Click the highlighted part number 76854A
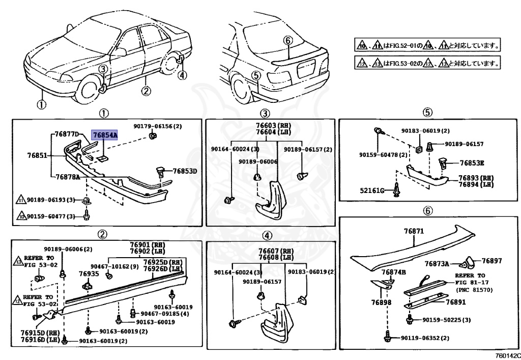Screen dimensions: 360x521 point(104,135)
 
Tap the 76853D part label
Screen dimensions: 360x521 point(184,171)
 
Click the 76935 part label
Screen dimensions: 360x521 point(89,273)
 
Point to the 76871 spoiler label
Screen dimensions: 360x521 point(414,231)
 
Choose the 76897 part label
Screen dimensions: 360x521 point(492,261)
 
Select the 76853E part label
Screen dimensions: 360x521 point(472,163)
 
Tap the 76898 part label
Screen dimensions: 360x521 point(381,302)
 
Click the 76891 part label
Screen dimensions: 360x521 point(456,302)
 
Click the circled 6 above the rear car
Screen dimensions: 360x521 point(287,40)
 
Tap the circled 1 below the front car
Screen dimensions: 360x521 point(41,105)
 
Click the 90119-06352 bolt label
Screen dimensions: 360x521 point(425,338)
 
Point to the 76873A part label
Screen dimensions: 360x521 point(437,263)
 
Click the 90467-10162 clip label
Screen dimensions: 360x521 point(114,266)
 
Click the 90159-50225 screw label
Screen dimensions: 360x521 point(446,320)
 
